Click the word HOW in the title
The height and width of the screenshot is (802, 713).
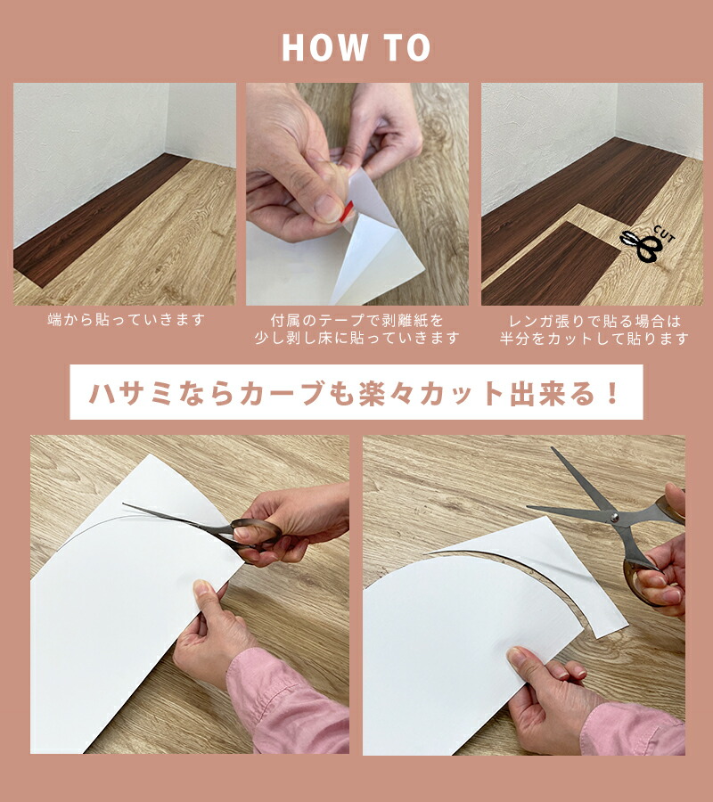coord(324,48)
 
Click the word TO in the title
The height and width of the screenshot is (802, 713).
coord(406,48)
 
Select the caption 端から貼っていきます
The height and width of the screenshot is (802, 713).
coord(126,320)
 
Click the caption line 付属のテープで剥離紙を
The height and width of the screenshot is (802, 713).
coord(356,321)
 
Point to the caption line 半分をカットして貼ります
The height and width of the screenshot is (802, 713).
coord(594,338)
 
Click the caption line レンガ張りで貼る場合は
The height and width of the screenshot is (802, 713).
coord(594,321)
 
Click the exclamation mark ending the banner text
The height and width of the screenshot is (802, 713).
coord(611,393)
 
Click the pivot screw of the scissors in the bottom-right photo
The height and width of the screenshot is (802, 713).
coord(614,517)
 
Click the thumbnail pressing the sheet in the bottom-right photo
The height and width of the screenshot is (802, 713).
coord(517,656)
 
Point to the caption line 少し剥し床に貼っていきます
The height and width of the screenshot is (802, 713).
coord(356,338)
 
